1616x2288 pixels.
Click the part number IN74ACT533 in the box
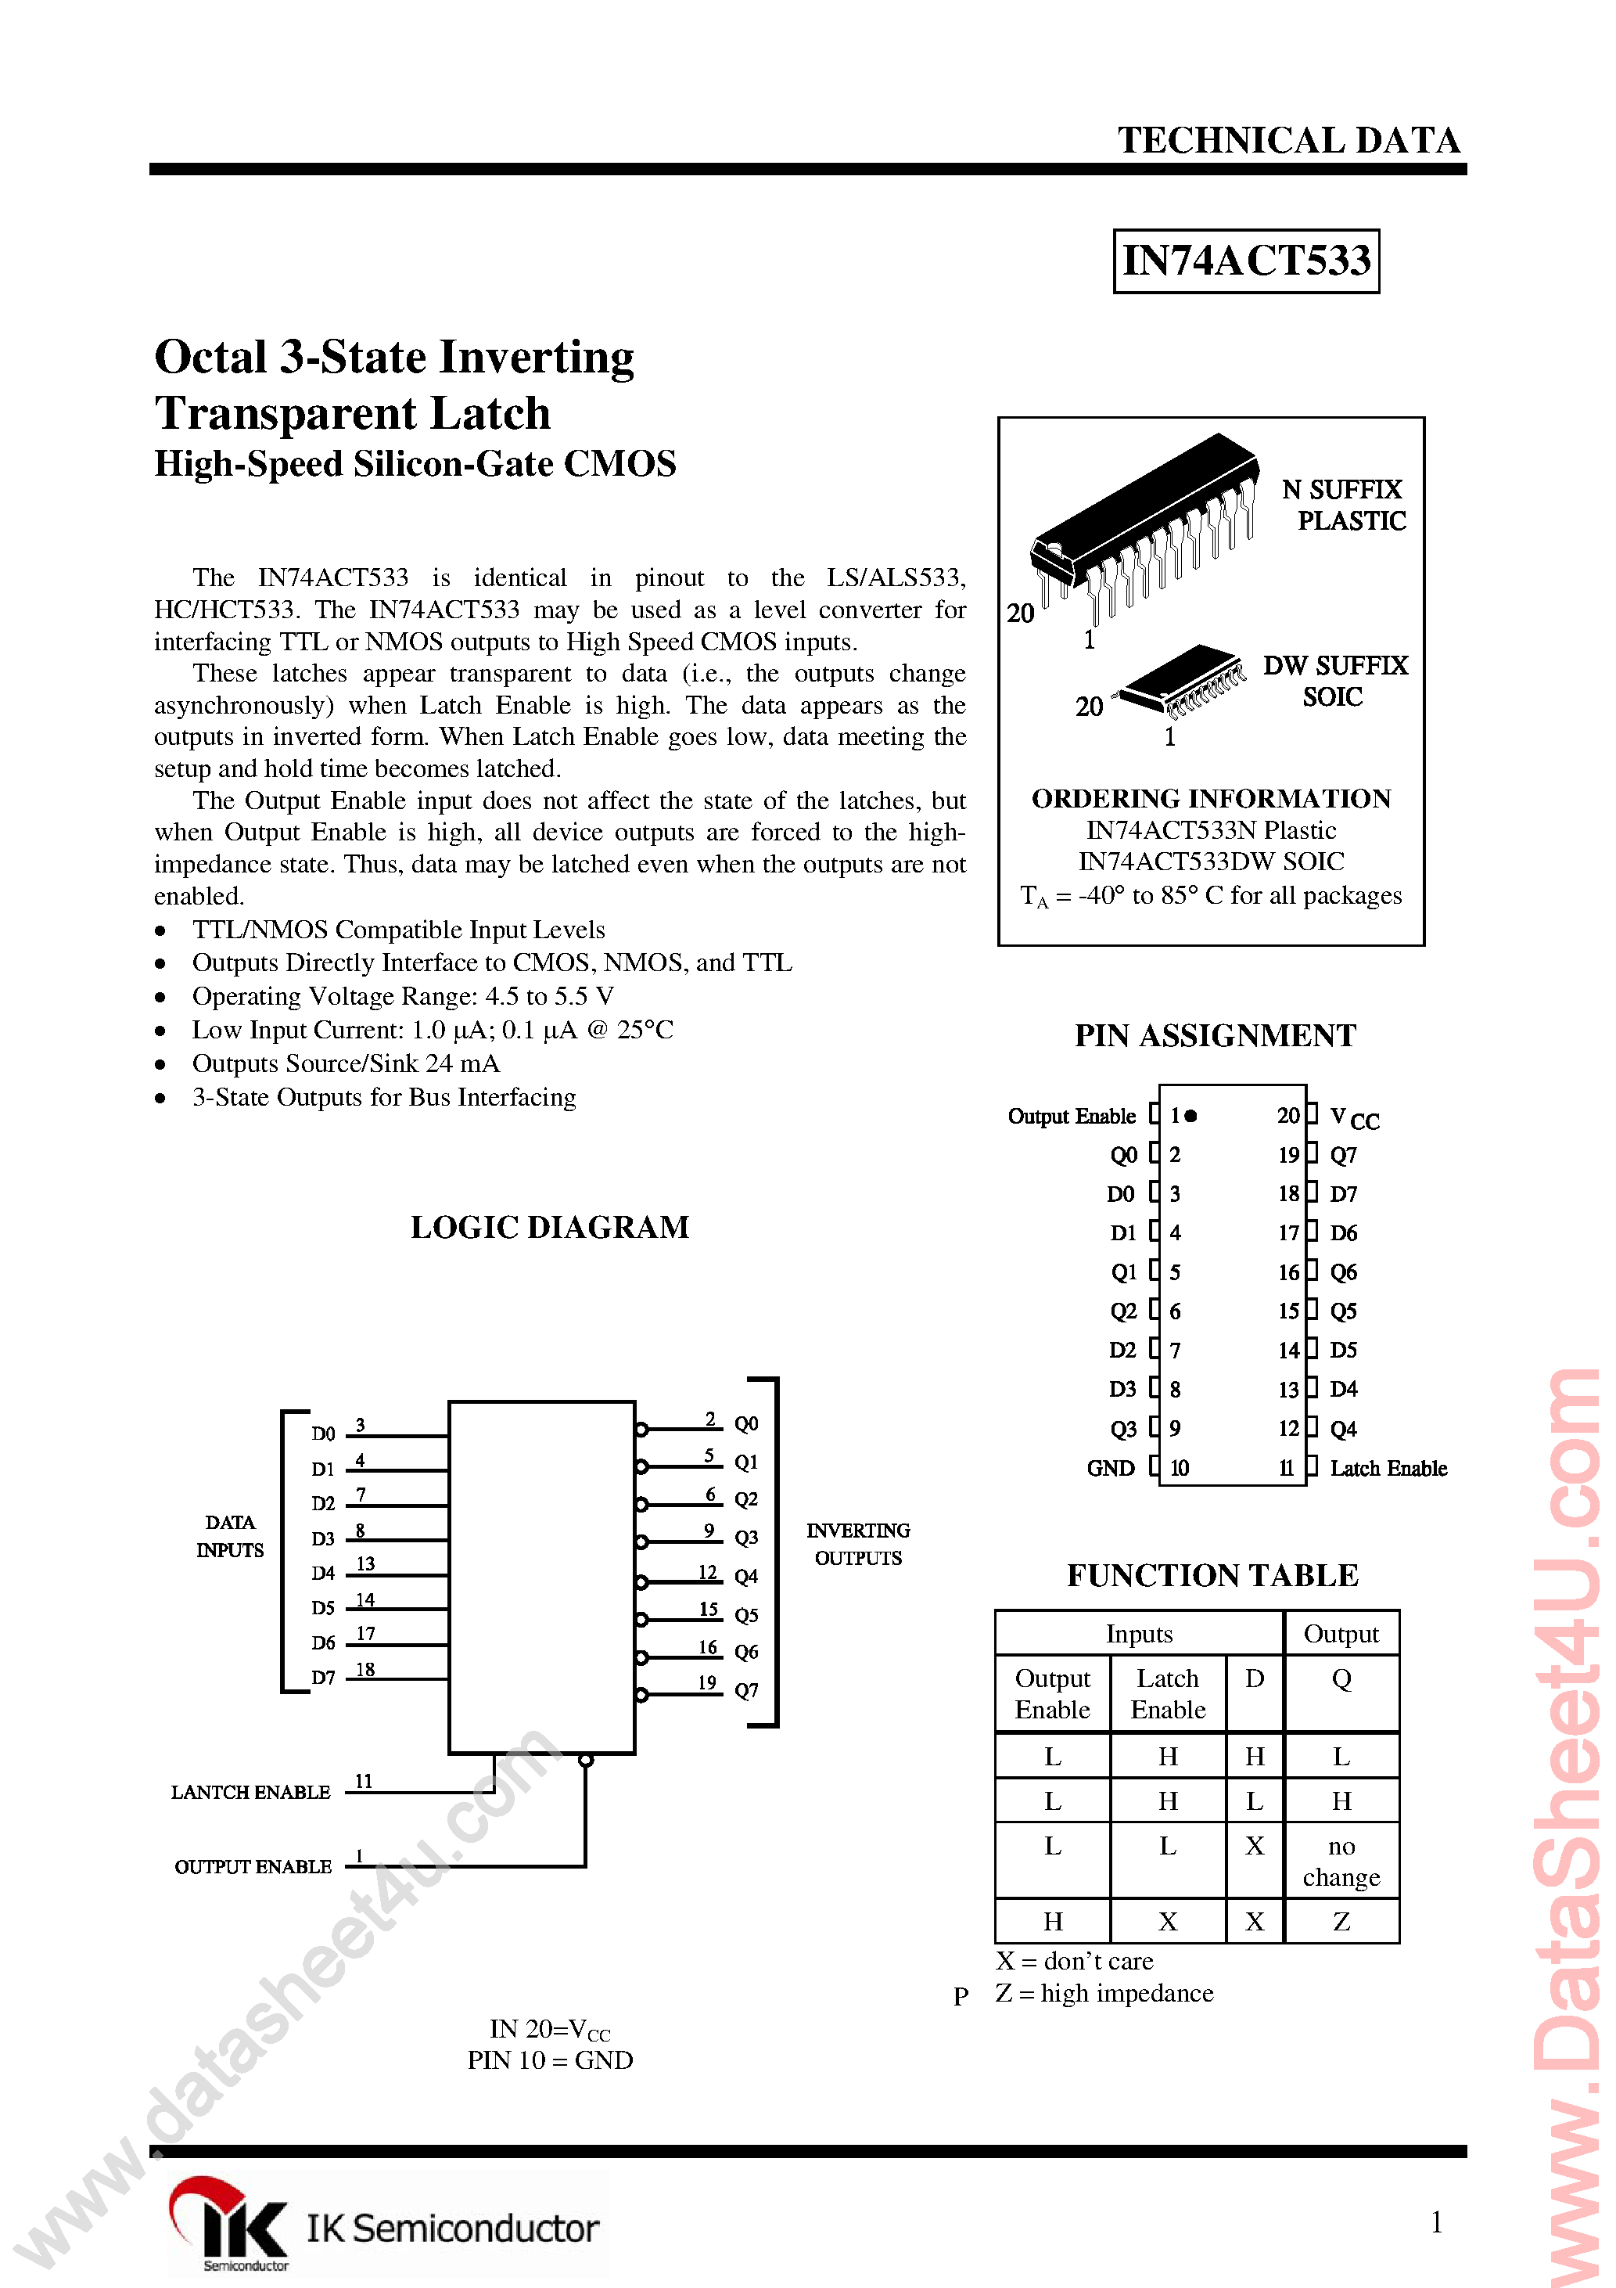1245,261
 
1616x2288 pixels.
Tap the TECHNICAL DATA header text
1288,141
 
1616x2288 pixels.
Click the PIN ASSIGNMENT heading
1215,1035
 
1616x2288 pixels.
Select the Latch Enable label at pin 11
1388,1468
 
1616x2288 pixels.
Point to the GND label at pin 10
1110,1468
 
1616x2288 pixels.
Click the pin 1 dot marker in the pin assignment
1190,1116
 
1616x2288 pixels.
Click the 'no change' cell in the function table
1341,1861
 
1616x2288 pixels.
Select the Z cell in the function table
1341,1920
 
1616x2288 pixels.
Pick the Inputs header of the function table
1139,1633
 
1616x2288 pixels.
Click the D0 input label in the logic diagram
323,1434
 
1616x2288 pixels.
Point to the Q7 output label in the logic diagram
746,1690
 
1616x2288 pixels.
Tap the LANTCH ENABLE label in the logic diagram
250,1792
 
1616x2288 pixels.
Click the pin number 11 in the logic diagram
364,1781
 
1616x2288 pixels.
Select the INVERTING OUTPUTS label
858,1544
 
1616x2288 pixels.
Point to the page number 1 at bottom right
1435,2221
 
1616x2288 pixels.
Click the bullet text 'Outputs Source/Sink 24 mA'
346,1063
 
